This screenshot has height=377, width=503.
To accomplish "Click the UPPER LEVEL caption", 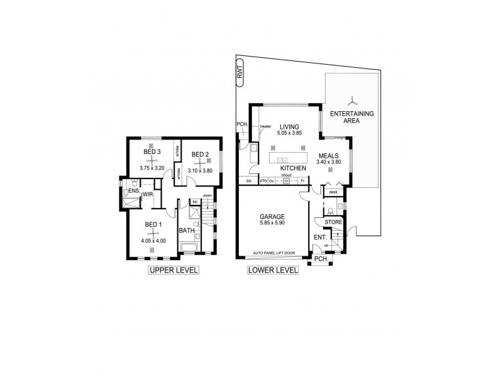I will [173, 271].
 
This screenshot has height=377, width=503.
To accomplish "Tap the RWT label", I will [240, 74].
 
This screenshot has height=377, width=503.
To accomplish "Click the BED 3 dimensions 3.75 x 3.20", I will [150, 168].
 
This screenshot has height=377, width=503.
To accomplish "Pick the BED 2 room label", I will [200, 155].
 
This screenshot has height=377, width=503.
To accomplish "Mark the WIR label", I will [148, 195].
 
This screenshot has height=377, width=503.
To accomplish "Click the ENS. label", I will [134, 190].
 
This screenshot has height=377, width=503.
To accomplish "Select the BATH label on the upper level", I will [187, 231].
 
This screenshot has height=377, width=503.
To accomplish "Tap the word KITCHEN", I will [293, 169].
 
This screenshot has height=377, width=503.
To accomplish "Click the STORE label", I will [333, 222].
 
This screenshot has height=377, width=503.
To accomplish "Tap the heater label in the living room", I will [265, 128].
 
